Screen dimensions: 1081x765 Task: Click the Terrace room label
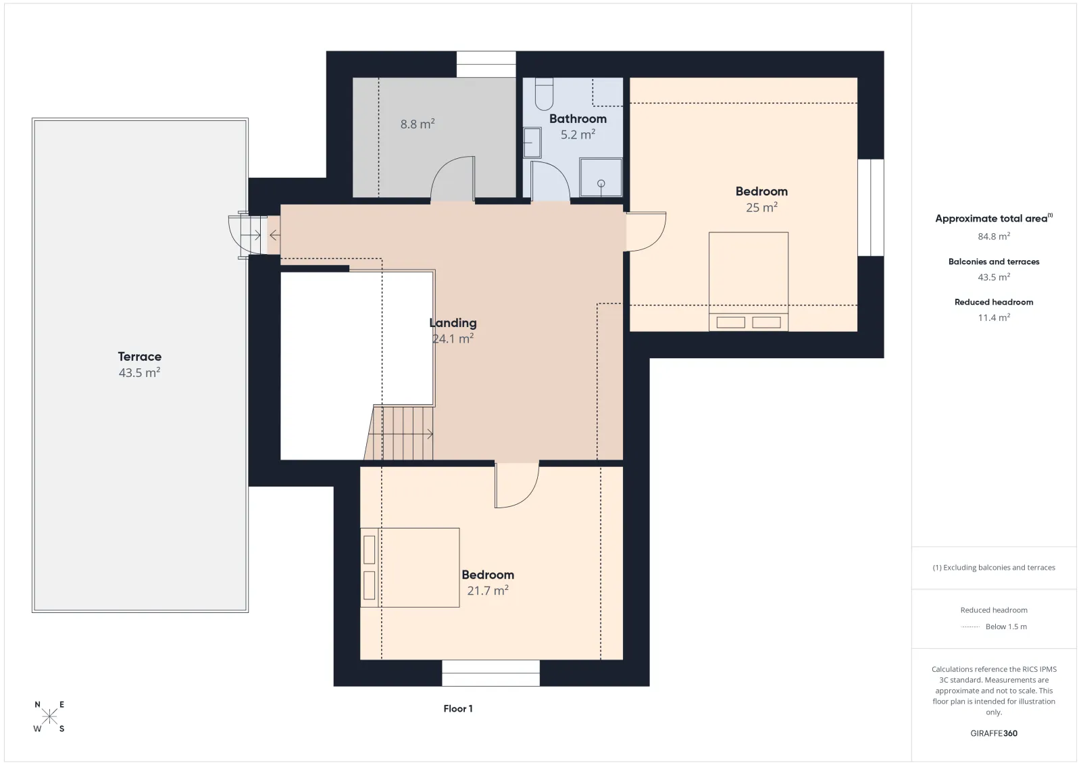(x=139, y=357)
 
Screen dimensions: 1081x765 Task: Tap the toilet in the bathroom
(x=544, y=94)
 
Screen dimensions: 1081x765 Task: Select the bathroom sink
(x=532, y=143)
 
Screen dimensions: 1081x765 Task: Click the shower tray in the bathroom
(x=601, y=178)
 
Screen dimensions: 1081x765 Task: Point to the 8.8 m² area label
(x=418, y=124)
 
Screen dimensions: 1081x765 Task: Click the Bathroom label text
(x=578, y=119)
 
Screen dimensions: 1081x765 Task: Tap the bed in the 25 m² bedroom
(x=749, y=282)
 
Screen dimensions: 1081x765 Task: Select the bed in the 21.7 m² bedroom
(x=410, y=568)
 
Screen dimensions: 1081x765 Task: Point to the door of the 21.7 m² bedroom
(x=517, y=485)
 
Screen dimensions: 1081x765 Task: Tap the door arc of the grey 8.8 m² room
(x=453, y=178)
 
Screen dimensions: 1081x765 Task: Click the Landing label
(x=453, y=323)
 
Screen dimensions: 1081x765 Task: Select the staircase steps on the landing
(x=399, y=433)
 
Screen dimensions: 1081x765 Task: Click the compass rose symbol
(x=49, y=717)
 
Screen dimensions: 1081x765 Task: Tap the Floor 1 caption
(x=458, y=708)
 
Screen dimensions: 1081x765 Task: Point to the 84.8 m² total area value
(x=994, y=237)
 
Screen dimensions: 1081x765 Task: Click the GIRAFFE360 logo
(x=994, y=733)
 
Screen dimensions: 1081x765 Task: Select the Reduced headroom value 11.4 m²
(x=994, y=318)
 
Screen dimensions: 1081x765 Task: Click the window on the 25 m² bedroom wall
(x=871, y=207)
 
